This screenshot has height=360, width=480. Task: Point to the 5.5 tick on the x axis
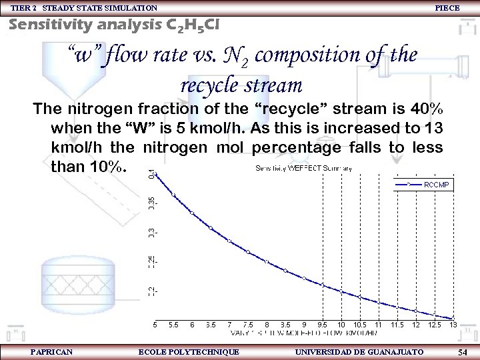pyautogui.click(x=174, y=324)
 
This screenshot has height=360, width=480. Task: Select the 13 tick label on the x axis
pyautogui.click(x=453, y=324)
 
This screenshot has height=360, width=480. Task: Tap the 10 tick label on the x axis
pyautogui.click(x=341, y=324)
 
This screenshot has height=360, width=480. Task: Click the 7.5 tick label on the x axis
pyautogui.click(x=248, y=324)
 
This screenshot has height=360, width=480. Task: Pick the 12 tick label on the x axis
pyautogui.click(x=415, y=324)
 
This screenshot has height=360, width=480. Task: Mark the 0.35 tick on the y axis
pyautogui.click(x=151, y=202)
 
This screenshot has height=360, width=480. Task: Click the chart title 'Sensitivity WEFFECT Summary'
pyautogui.click(x=304, y=168)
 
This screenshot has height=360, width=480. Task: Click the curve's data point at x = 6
pyautogui.click(x=192, y=213)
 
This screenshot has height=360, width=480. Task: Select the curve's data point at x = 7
pyautogui.click(x=229, y=241)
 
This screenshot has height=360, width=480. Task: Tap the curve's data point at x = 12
pyautogui.click(x=415, y=310)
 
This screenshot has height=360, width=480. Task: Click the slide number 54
pyautogui.click(x=463, y=351)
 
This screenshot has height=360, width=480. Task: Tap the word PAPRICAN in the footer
pyautogui.click(x=52, y=351)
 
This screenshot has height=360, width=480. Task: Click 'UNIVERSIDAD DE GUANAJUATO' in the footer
pyautogui.click(x=359, y=351)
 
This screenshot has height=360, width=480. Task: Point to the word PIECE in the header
pyautogui.click(x=447, y=7)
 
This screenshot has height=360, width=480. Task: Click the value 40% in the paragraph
pyautogui.click(x=424, y=109)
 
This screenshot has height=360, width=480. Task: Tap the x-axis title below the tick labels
pyautogui.click(x=303, y=331)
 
